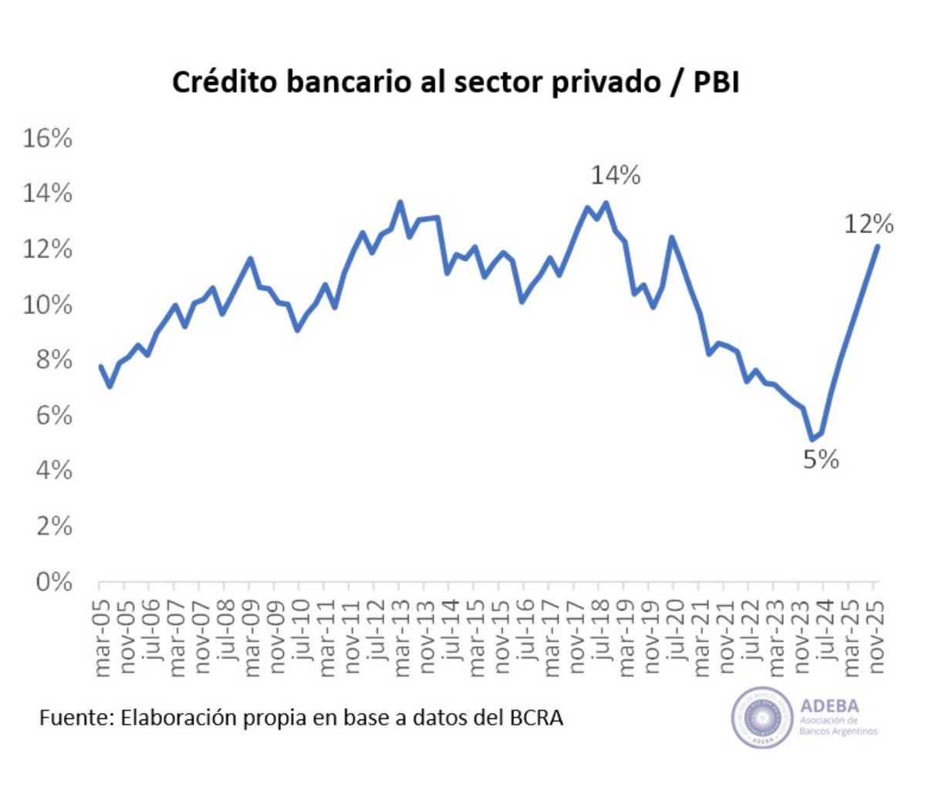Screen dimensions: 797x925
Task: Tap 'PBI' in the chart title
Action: (715, 83)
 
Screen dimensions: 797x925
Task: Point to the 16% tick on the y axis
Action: (48, 139)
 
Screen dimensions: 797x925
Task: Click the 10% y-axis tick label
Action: (48, 305)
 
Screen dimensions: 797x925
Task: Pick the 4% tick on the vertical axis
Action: (53, 470)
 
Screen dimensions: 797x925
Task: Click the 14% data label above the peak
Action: (616, 176)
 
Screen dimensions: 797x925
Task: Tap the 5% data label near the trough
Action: (821, 460)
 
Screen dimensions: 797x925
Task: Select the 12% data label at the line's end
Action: (869, 225)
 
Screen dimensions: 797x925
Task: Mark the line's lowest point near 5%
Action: (812, 440)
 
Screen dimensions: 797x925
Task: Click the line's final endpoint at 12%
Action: (877, 246)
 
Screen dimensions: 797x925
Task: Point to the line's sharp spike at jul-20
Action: (672, 238)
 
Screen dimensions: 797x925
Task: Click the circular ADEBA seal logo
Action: (762, 718)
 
